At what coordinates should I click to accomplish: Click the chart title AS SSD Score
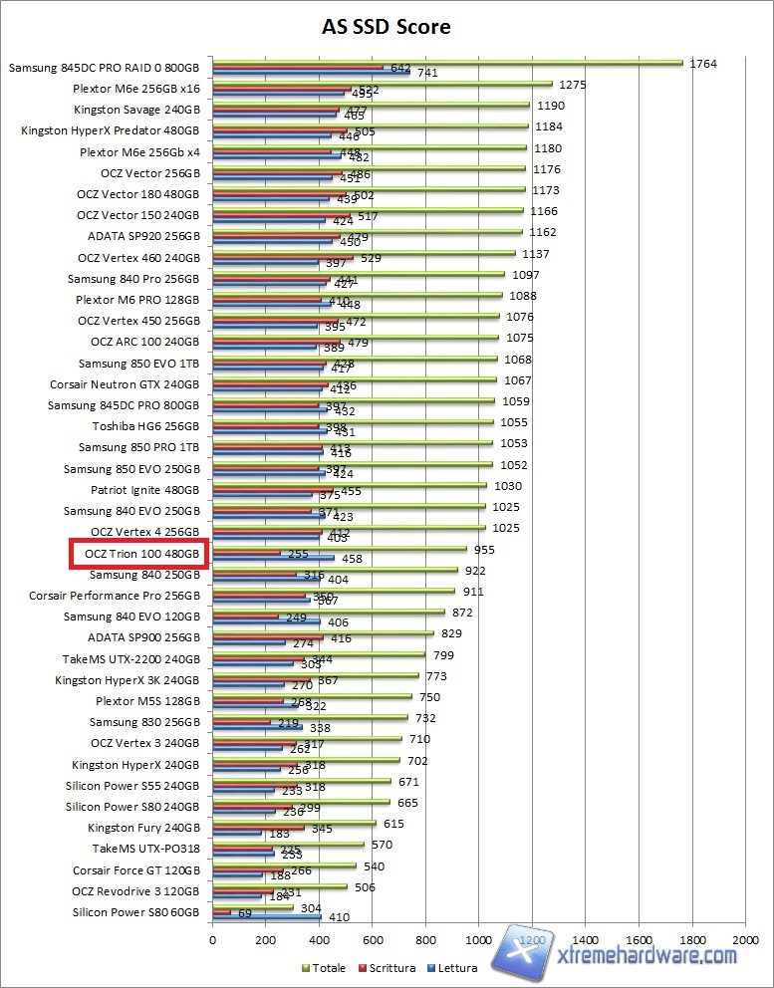[x=386, y=27]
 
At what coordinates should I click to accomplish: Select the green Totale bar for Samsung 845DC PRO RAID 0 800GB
[x=447, y=63]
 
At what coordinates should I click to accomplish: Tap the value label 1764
[x=703, y=64]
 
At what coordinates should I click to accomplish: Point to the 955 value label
[x=483, y=549]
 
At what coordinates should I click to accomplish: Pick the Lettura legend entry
[x=456, y=967]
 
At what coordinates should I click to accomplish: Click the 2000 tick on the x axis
[x=745, y=939]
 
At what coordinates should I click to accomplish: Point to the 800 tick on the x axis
[x=425, y=939]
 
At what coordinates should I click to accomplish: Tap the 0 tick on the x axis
[x=212, y=939]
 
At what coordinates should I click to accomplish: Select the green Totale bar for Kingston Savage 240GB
[x=371, y=105]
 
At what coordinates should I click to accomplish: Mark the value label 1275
[x=573, y=85]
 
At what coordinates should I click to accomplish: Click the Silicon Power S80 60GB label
[x=135, y=912]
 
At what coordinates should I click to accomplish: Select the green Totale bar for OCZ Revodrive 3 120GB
[x=279, y=886]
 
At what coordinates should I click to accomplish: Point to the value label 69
[x=245, y=913]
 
